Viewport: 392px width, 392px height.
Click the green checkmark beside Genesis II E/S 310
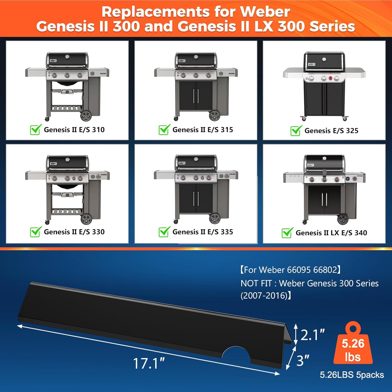tap(36, 129)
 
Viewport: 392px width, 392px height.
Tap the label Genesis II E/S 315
tap(203, 130)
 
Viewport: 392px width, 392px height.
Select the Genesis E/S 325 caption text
tap(331, 131)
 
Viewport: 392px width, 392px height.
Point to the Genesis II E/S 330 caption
tap(74, 232)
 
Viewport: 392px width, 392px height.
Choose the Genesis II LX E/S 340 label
tap(331, 233)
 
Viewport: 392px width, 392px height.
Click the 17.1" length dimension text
tap(149, 364)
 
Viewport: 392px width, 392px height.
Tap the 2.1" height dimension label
tap(312, 335)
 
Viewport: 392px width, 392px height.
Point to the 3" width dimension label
tap(303, 361)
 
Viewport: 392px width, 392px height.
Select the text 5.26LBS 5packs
tap(352, 375)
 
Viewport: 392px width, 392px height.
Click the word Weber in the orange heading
tap(264, 12)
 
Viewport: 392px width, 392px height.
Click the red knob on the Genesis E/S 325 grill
tap(330, 78)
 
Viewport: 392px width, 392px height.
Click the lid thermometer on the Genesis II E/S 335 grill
tap(196, 159)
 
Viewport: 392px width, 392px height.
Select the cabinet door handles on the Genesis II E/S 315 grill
tap(196, 96)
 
